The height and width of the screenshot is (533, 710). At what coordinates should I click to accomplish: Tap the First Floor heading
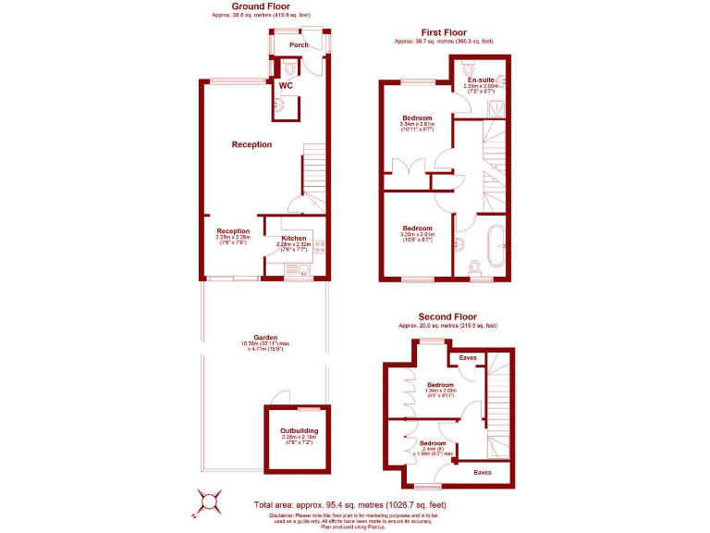point(443,32)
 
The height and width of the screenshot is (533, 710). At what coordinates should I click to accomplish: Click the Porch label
point(299,44)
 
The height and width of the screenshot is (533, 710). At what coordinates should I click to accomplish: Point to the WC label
point(286,86)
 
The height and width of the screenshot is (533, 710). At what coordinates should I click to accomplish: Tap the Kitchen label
point(294,238)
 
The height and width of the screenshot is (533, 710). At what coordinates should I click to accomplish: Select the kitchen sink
point(301,269)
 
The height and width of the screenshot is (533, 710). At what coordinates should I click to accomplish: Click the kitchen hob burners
point(320,246)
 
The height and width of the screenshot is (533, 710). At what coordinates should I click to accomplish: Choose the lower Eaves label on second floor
point(483,472)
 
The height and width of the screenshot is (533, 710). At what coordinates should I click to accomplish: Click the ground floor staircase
point(314,171)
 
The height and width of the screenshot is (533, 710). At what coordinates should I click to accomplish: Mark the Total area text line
point(349,504)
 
